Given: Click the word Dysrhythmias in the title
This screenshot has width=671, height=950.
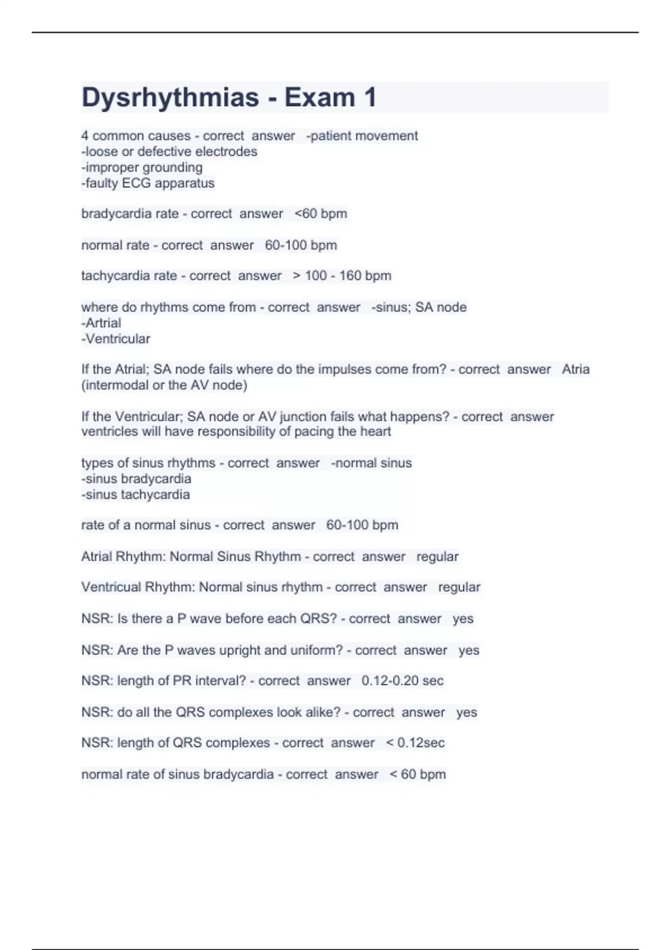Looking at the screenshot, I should [x=170, y=98].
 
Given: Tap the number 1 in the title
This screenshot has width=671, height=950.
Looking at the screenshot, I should [x=370, y=98].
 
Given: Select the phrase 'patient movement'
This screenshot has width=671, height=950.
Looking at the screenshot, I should [x=364, y=136].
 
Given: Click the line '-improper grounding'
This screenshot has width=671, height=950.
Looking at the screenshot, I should [x=142, y=167].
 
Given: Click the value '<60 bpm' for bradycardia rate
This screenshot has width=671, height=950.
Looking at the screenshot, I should [x=320, y=213].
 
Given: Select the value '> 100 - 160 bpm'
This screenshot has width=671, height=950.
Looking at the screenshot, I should [x=342, y=275].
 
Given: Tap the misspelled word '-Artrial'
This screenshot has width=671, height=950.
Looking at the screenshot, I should [x=101, y=323].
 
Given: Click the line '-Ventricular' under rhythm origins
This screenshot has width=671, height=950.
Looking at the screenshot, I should [x=116, y=339].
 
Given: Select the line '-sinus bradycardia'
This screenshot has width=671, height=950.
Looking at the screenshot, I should [x=136, y=479].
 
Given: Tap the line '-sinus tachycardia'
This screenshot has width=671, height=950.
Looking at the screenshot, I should [x=136, y=495].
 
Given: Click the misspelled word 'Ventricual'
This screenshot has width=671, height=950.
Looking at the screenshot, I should [x=111, y=587].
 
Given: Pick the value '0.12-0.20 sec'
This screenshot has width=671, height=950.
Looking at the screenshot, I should [x=402, y=681].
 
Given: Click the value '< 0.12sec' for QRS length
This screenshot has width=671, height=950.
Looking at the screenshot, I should [x=415, y=743].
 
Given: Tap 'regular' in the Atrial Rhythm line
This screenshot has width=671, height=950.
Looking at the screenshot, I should [x=437, y=557].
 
